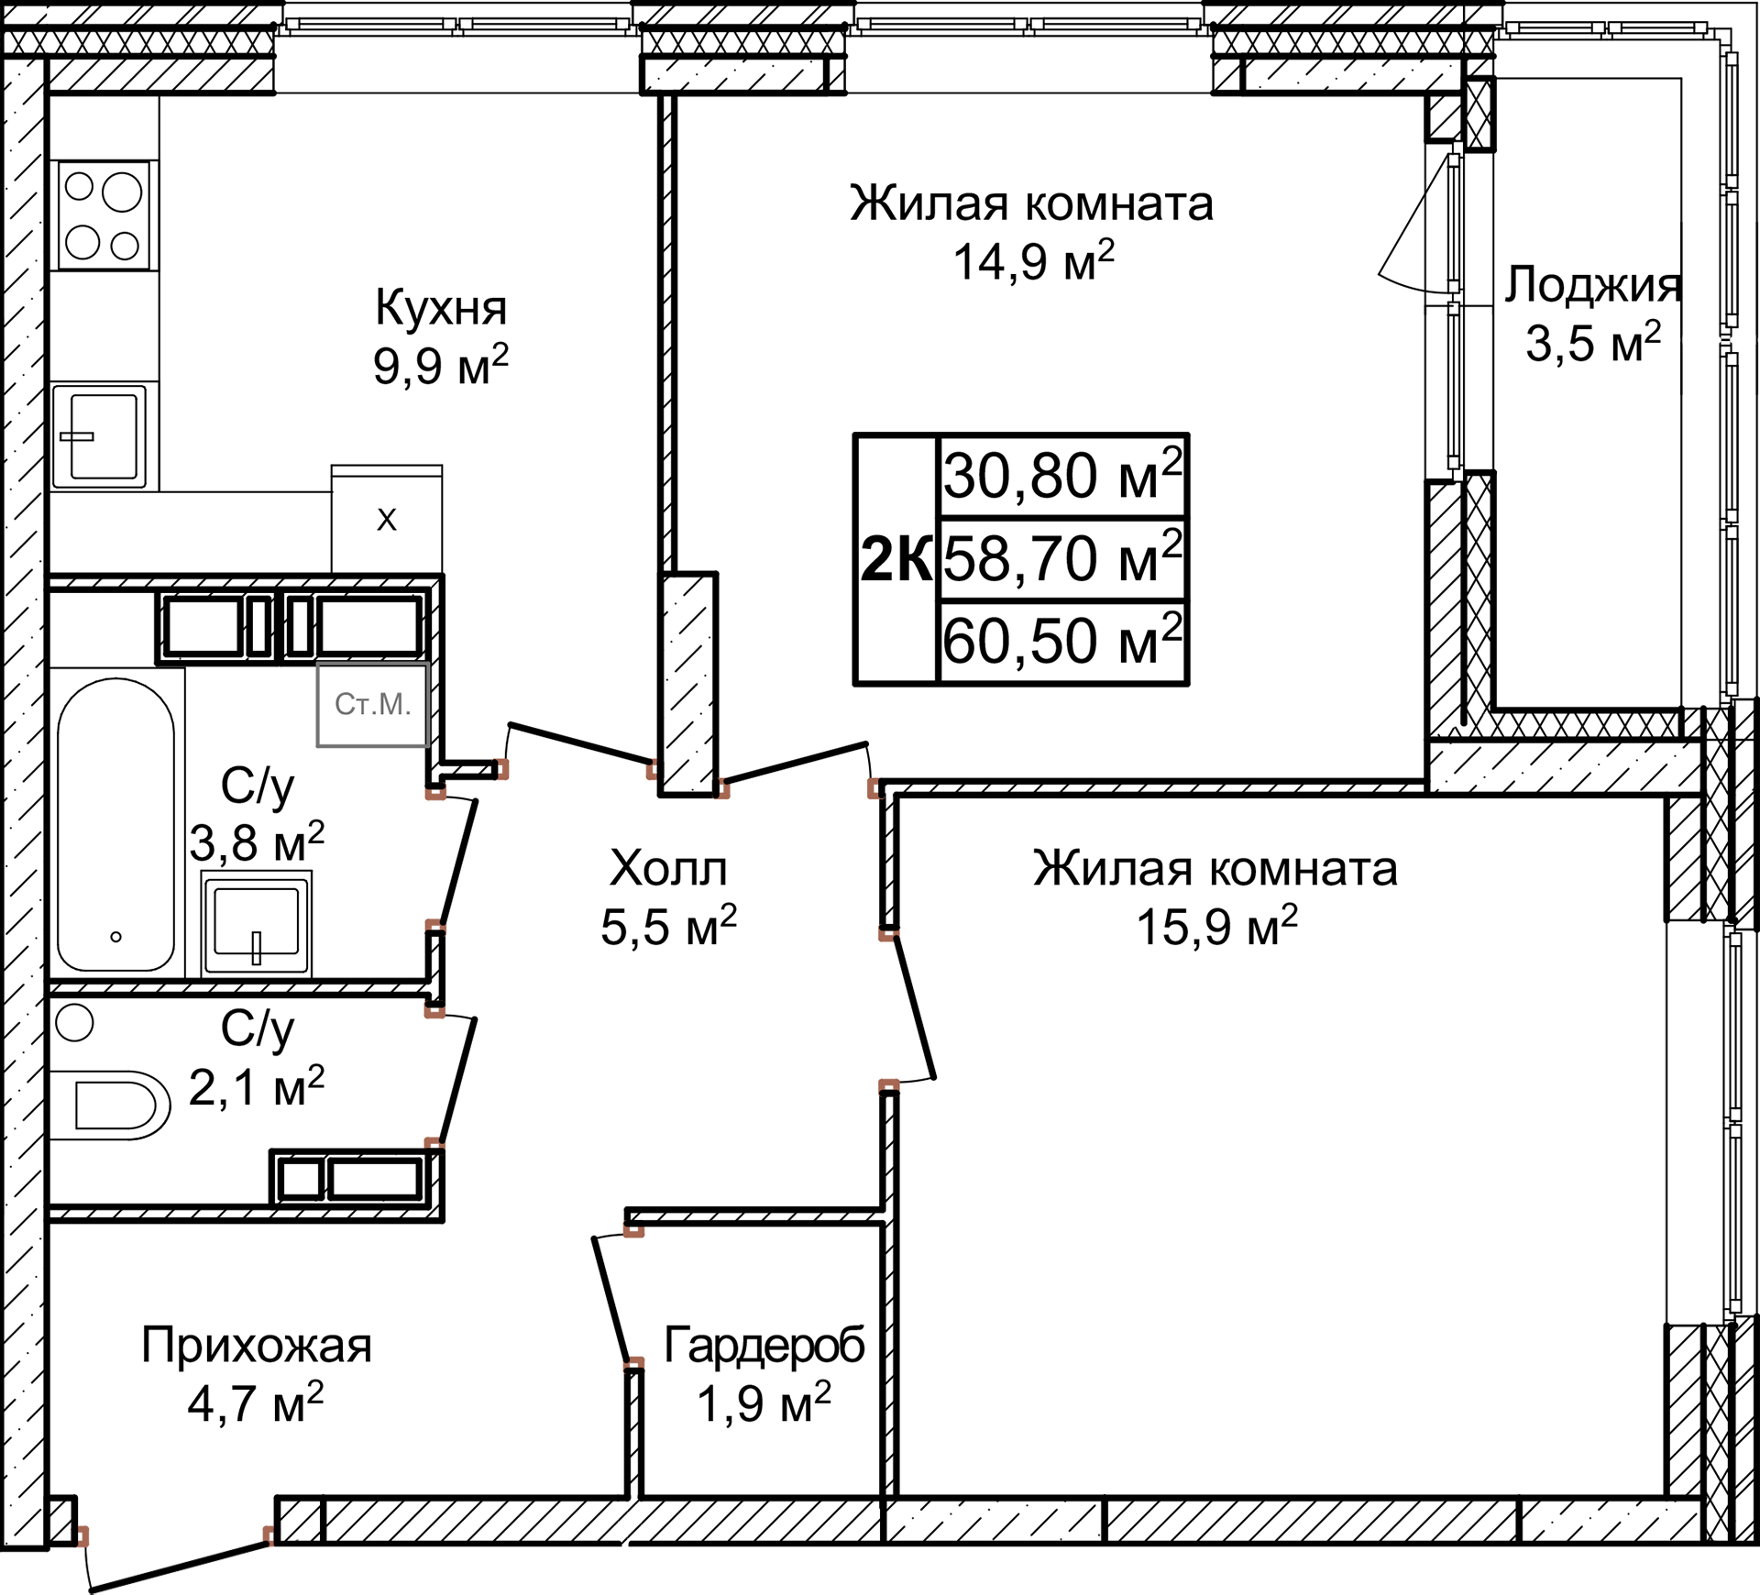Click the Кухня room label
tap(440, 308)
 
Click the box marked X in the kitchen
tap(387, 521)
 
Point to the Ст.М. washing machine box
tap(372, 704)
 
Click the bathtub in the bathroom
tap(115, 825)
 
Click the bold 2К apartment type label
tap(896, 559)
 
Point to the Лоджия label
tap(1591, 284)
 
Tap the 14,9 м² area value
tap(1033, 262)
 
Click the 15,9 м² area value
tap(1216, 927)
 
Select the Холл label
tap(668, 868)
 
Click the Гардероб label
tap(764, 1345)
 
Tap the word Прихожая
tap(257, 1345)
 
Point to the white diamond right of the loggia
tap(1701, 340)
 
